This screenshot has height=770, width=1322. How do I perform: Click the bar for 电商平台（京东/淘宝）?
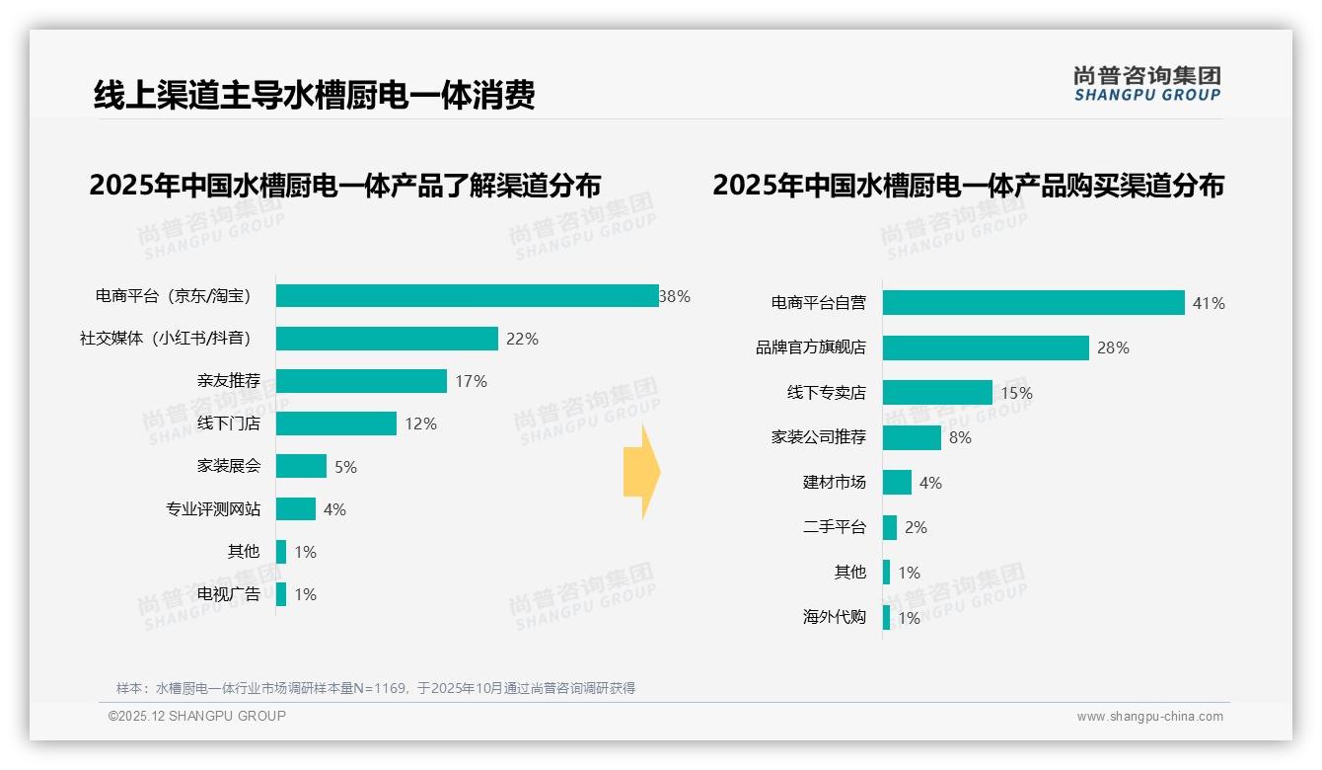[467, 296]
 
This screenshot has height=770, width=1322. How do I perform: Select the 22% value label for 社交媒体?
[522, 339]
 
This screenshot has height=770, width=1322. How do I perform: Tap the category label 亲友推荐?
[229, 381]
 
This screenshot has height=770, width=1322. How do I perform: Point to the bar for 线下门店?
[335, 423]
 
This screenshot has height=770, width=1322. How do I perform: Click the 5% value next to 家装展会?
[345, 467]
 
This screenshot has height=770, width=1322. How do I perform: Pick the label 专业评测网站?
[213, 509]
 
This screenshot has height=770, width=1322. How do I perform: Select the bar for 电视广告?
[281, 594]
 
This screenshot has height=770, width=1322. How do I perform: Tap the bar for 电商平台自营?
[1033, 303]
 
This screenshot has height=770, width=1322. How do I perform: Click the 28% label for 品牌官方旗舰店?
[1113, 347]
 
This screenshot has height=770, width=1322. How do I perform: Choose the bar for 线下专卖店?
[937, 393]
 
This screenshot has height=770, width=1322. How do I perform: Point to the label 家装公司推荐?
[818, 437]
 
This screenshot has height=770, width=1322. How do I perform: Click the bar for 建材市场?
[897, 483]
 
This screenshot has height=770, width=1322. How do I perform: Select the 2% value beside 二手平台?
[916, 527]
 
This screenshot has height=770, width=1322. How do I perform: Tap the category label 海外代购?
[834, 617]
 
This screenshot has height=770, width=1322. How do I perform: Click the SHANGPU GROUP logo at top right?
[1146, 84]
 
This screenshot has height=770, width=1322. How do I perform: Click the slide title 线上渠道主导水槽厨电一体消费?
[315, 95]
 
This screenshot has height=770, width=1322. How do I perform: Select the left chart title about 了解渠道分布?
[345, 186]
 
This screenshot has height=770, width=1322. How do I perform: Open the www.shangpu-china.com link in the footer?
[1149, 717]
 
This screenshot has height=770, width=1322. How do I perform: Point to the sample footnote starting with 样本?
[376, 688]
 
